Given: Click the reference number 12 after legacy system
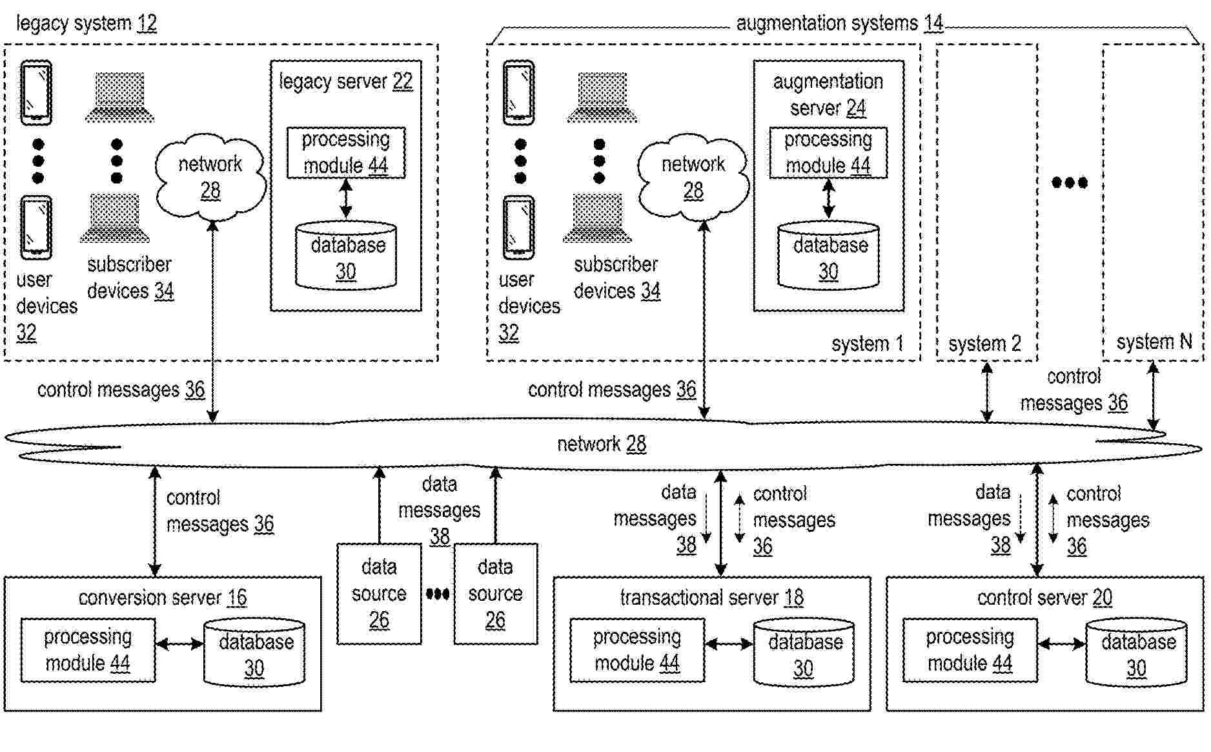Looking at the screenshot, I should (x=147, y=24).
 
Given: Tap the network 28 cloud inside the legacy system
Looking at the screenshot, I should (x=210, y=176).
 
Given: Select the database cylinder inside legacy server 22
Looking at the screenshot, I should (x=346, y=256).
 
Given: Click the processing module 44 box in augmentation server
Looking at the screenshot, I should (x=828, y=152).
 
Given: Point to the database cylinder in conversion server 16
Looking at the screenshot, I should (x=254, y=653).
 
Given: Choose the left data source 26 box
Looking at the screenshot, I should (x=379, y=594).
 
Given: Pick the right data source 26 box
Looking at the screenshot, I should (x=495, y=594).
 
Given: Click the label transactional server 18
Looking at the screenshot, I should (x=711, y=598).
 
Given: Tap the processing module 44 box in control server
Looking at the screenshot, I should (x=970, y=650).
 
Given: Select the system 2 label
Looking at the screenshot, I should (x=984, y=344).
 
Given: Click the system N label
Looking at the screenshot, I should (x=1154, y=342).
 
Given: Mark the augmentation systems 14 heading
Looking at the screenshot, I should (x=839, y=24).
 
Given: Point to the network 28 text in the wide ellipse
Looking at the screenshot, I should (x=601, y=444).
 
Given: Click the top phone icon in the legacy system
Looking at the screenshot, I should (x=36, y=92).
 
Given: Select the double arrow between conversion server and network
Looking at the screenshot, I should (x=155, y=521).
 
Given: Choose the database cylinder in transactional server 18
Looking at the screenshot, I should (x=804, y=653).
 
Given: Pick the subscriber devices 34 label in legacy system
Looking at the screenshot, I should (x=130, y=278).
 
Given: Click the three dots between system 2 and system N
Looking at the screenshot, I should (x=1070, y=183).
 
